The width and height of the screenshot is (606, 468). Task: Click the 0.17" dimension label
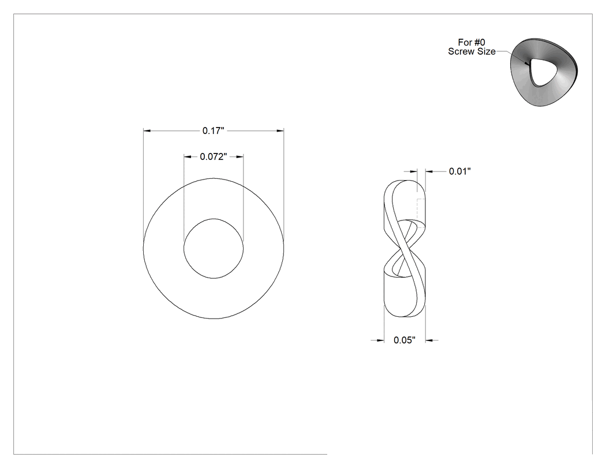[214, 131]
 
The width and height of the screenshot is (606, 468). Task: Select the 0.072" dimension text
[214, 157]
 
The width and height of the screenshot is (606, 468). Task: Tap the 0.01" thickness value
[460, 171]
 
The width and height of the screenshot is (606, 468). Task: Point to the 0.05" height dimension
[405, 340]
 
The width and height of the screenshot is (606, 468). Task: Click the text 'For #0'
[472, 42]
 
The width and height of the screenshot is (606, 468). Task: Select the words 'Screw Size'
[472, 51]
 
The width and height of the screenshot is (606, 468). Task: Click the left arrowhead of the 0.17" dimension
[147, 131]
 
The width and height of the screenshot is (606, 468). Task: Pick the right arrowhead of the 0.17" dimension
[280, 131]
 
